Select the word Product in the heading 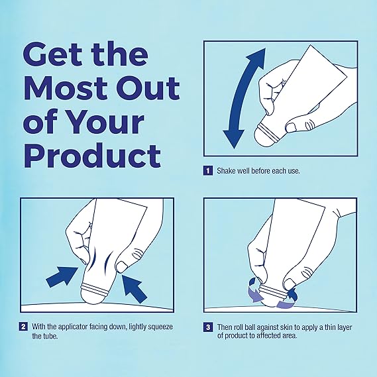[92, 155]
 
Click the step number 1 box [207, 170]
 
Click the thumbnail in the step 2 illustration [122, 266]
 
